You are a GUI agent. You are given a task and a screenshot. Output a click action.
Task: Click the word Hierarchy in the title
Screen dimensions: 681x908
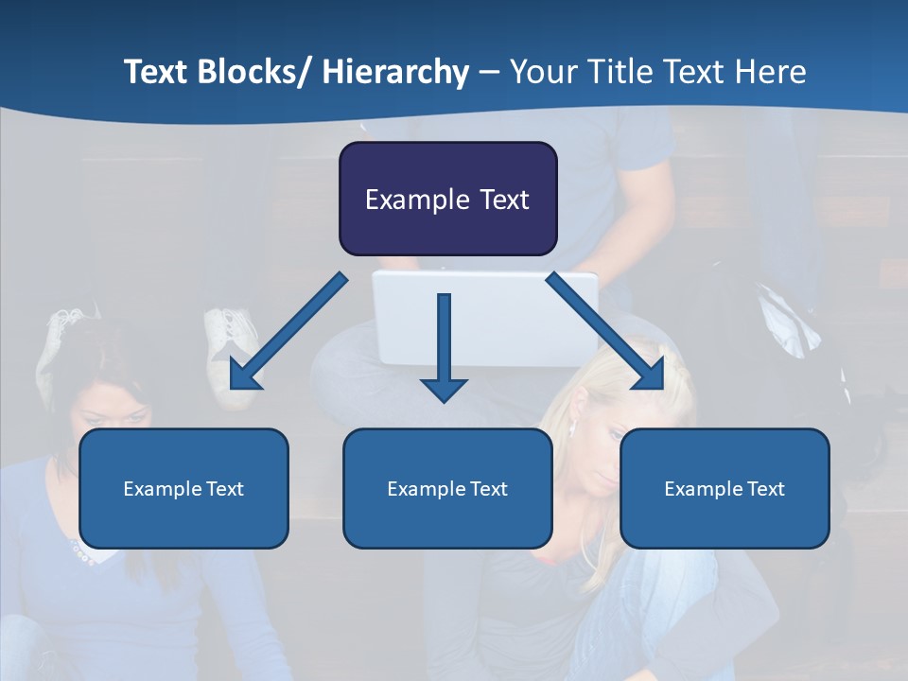(395, 73)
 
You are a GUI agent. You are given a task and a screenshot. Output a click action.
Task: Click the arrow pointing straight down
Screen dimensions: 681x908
(444, 350)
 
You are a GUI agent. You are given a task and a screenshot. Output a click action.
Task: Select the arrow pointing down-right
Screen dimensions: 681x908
(606, 332)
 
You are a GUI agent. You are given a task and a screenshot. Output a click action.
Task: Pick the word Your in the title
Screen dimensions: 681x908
(542, 73)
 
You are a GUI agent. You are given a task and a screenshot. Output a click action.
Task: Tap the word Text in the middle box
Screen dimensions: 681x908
(487, 489)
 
